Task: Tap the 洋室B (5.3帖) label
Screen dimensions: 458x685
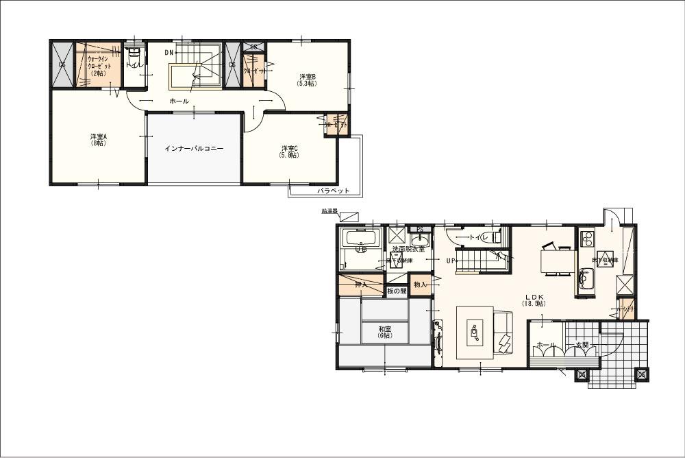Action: point(306,80)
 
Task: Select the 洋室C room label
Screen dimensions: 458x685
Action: point(289,152)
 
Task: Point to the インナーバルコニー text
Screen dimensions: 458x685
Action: point(194,148)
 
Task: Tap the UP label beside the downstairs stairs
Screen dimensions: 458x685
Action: point(451,261)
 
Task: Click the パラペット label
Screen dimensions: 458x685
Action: point(334,190)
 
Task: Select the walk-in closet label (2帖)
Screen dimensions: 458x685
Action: point(96,66)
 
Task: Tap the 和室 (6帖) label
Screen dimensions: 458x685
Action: point(384,333)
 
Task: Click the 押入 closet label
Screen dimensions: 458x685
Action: point(360,284)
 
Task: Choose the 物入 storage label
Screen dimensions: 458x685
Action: point(420,284)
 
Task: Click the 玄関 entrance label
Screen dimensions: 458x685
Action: point(582,345)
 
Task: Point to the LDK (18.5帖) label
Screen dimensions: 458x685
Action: point(534,300)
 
